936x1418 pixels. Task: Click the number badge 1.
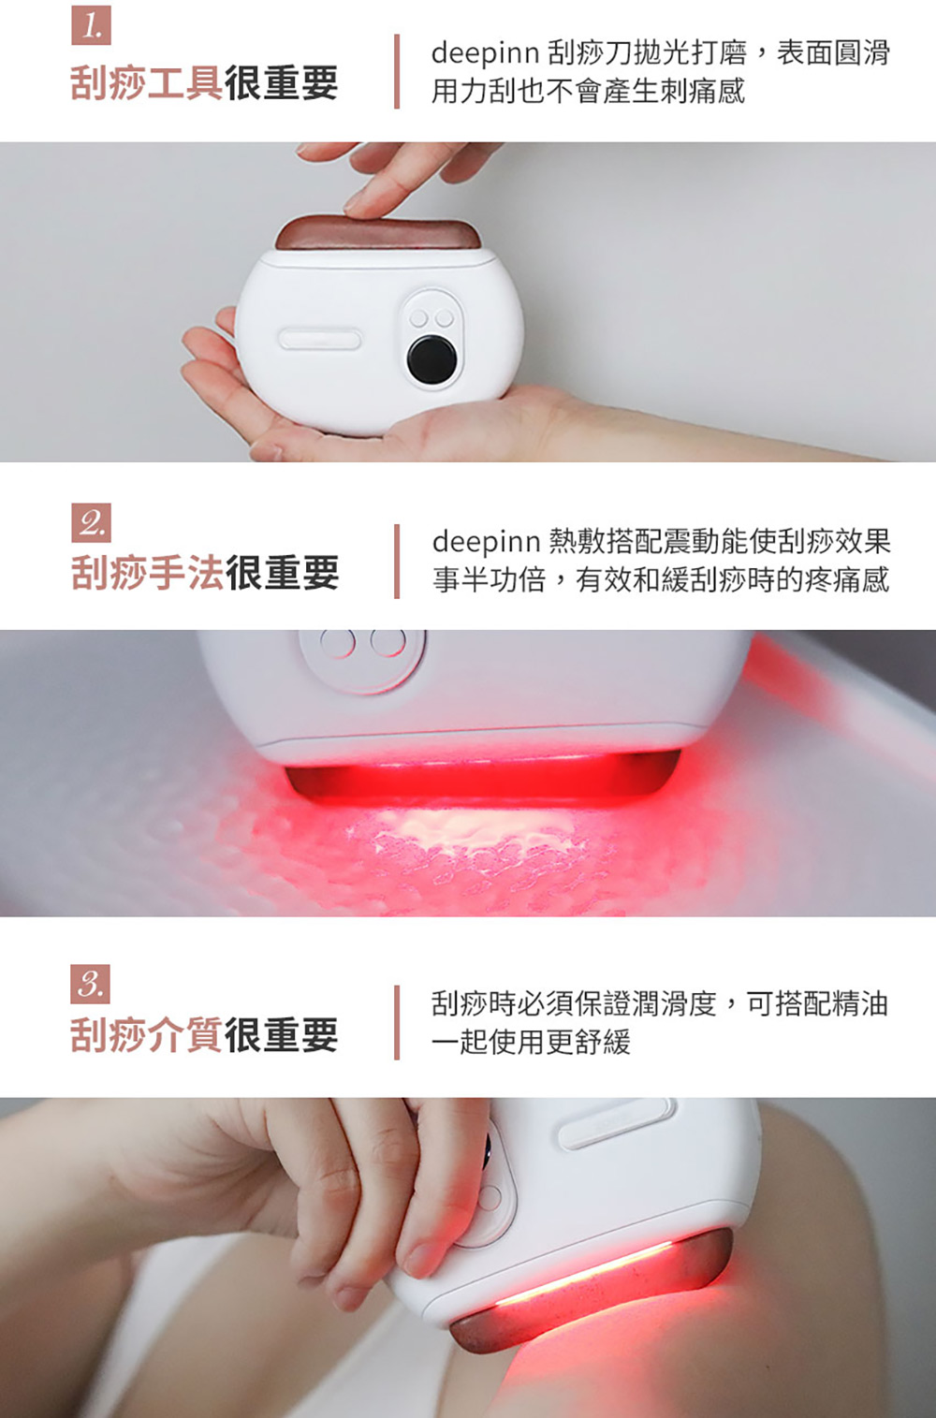coord(91,24)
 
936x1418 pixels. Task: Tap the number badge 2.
coord(91,523)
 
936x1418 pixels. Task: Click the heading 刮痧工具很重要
coord(204,83)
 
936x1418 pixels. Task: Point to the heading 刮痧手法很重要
coord(204,573)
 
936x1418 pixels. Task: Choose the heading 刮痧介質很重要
coord(204,1035)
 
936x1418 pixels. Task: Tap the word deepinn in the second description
coord(486,543)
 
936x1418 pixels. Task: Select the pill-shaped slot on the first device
coord(320,339)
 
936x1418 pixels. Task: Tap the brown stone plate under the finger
coord(378,232)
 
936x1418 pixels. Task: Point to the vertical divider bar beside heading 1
coord(397,71)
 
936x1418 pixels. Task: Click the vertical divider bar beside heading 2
coord(397,561)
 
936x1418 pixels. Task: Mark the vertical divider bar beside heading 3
coord(397,1022)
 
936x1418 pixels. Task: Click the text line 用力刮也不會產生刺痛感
coord(589,92)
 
